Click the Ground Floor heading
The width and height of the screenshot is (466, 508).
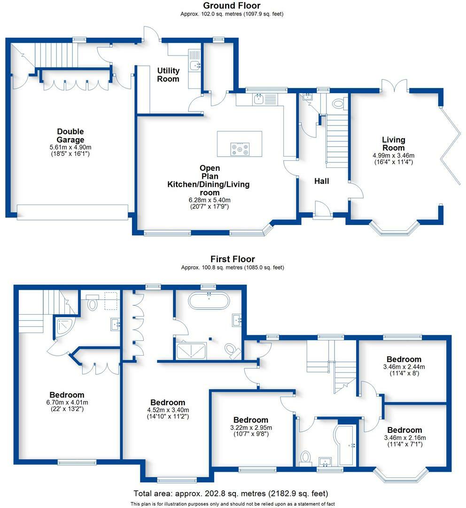coord(232,6)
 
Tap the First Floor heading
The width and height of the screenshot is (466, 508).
coord(233,259)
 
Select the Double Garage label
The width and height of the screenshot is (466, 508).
coord(70,135)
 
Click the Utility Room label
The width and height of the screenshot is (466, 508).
coord(168,74)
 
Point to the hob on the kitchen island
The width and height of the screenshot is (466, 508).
coord(240,149)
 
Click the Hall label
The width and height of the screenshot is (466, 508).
coord(321,181)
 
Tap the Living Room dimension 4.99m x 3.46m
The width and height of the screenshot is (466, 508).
coord(394,156)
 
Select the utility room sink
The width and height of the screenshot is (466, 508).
coord(195,65)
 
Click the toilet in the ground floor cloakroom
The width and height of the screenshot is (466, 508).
coord(338,103)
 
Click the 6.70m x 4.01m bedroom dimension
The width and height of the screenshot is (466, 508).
coord(67,402)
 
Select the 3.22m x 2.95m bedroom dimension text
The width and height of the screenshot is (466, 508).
coord(251,427)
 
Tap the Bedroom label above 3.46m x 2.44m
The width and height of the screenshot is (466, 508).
coord(404,359)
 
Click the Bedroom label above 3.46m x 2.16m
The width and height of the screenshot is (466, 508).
coord(404,430)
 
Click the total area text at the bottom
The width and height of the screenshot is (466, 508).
coord(231,493)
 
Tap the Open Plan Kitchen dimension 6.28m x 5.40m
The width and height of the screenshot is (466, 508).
coord(210,200)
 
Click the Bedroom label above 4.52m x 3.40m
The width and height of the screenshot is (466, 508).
coord(168,402)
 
